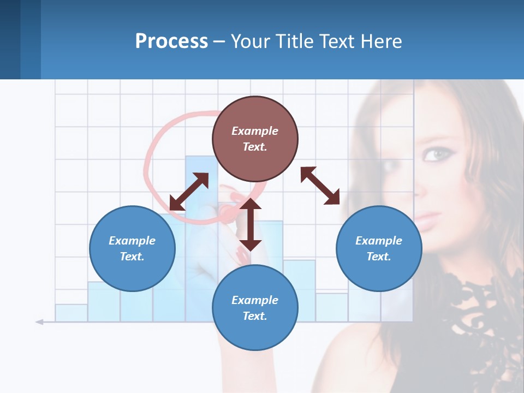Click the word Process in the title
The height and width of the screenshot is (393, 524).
tap(171, 41)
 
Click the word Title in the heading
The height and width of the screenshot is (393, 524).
tap(294, 41)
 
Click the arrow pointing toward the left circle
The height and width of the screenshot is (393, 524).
tap(189, 192)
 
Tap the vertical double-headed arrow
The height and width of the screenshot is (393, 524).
tap(251, 224)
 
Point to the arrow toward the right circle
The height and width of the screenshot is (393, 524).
tap(320, 186)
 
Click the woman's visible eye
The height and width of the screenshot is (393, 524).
tap(435, 155)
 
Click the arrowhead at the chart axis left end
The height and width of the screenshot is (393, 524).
tap(39, 322)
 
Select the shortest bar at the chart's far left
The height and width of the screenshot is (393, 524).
tap(71, 313)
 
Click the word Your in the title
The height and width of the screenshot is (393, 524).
tap(249, 41)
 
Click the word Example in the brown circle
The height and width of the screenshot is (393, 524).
tap(255, 131)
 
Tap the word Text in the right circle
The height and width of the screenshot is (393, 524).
tap(379, 257)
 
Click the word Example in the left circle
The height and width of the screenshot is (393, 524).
tap(132, 241)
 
